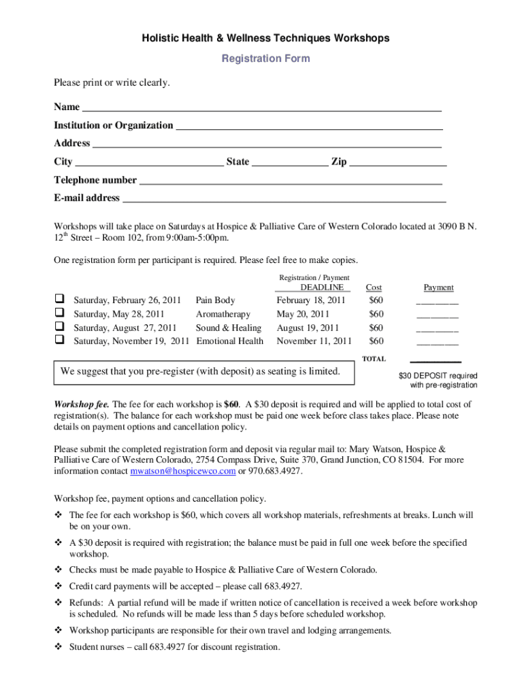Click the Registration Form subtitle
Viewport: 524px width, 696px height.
[x=265, y=58]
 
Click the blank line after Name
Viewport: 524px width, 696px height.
[x=262, y=109]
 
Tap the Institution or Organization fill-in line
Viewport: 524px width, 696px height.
[x=309, y=127]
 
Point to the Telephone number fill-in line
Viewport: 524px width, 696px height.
[x=291, y=182]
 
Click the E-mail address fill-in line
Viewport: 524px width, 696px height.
[x=284, y=201]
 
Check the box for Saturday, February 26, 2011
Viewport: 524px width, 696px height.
[x=60, y=300]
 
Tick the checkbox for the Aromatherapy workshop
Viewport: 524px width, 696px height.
[x=60, y=313]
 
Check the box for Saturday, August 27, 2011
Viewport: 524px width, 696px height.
[x=60, y=327]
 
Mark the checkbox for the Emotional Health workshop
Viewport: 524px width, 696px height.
[x=60, y=341]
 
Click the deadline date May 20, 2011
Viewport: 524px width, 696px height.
[x=303, y=314]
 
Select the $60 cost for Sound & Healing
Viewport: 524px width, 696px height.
[x=376, y=328]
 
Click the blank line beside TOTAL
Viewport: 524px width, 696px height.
[x=436, y=361]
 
